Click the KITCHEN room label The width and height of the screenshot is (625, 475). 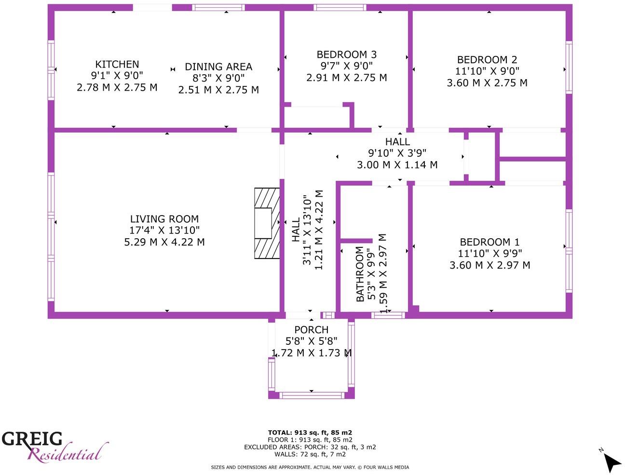(x=117, y=64)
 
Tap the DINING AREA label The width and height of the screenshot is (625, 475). (x=218, y=67)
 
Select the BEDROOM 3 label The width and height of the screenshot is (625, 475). (x=346, y=54)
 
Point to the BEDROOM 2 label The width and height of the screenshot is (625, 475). (x=487, y=60)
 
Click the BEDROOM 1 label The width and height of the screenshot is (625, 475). (x=489, y=242)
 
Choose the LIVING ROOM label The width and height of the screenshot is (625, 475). (x=164, y=219)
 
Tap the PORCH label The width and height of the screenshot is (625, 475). (x=312, y=330)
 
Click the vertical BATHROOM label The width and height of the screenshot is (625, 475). (x=360, y=274)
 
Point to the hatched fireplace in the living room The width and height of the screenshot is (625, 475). (x=267, y=223)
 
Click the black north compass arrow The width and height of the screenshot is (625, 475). (x=611, y=462)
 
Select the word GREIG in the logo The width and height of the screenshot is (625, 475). (x=32, y=439)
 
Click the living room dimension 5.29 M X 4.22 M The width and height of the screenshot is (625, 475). (x=164, y=242)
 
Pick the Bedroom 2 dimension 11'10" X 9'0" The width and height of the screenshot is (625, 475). (x=487, y=71)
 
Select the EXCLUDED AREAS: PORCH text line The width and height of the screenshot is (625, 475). (x=310, y=447)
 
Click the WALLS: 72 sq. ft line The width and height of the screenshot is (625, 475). (x=310, y=454)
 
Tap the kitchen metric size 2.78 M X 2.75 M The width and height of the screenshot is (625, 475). (x=117, y=87)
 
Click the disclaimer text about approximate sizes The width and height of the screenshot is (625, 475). (x=310, y=467)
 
